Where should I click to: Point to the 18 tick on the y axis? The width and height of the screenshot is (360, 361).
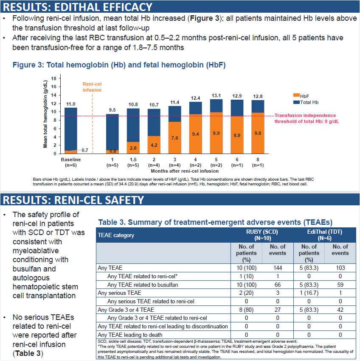53,78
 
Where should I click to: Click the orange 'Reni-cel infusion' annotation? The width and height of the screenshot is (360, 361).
92,87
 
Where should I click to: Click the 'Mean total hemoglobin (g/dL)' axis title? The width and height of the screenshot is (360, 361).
45,115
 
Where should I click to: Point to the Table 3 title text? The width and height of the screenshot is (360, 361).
215,222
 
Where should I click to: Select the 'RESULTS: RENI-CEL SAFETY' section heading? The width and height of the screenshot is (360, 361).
73,199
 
